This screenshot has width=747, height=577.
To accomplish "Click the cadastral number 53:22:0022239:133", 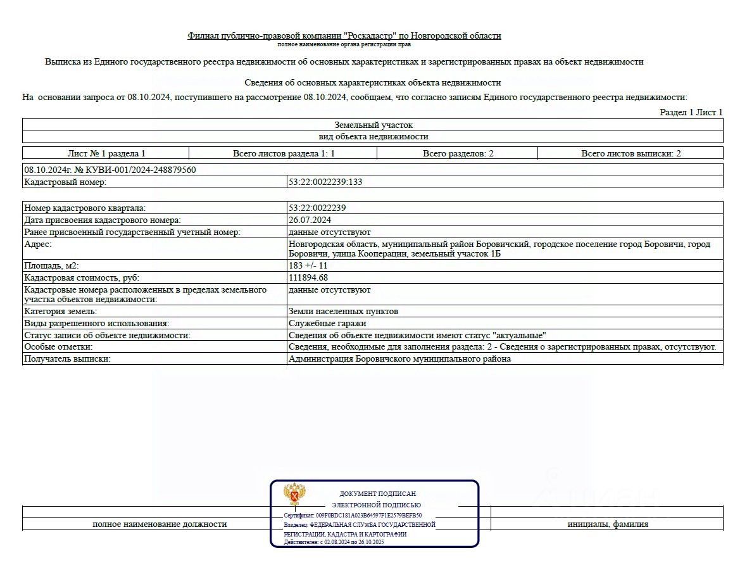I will pos(325,182).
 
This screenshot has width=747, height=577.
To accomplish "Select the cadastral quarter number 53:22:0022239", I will pos(317,208).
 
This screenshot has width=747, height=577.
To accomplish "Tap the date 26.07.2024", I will pos(310,220).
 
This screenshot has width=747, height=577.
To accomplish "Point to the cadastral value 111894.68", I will pos(308,277).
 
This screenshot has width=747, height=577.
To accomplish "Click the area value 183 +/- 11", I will pos(308,265).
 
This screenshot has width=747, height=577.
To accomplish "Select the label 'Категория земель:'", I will pos(60,311).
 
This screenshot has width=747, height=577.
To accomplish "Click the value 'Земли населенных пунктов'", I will pos(343,311).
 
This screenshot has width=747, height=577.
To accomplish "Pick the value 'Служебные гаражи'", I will pos(323,323).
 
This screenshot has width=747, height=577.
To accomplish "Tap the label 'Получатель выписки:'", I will pos(67,358).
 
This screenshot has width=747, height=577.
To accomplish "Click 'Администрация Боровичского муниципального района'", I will pos(399,358).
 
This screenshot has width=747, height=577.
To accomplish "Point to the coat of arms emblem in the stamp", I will pos(295,494).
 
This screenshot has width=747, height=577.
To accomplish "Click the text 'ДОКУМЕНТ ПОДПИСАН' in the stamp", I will pos(377,493).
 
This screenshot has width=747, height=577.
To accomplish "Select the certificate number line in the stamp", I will pos(353,516).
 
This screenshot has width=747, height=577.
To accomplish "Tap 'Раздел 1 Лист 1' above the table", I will pos(691,112).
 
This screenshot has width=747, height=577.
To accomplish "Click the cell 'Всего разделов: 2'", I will pos(458,153).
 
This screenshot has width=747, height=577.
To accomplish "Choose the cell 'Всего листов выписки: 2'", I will pos(631,153).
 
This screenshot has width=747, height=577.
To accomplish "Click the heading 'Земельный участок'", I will pos(373,125).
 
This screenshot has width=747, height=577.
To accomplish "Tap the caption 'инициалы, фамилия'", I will pos(607,524).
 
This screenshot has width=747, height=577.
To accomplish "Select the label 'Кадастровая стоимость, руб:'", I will pos(82,277).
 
